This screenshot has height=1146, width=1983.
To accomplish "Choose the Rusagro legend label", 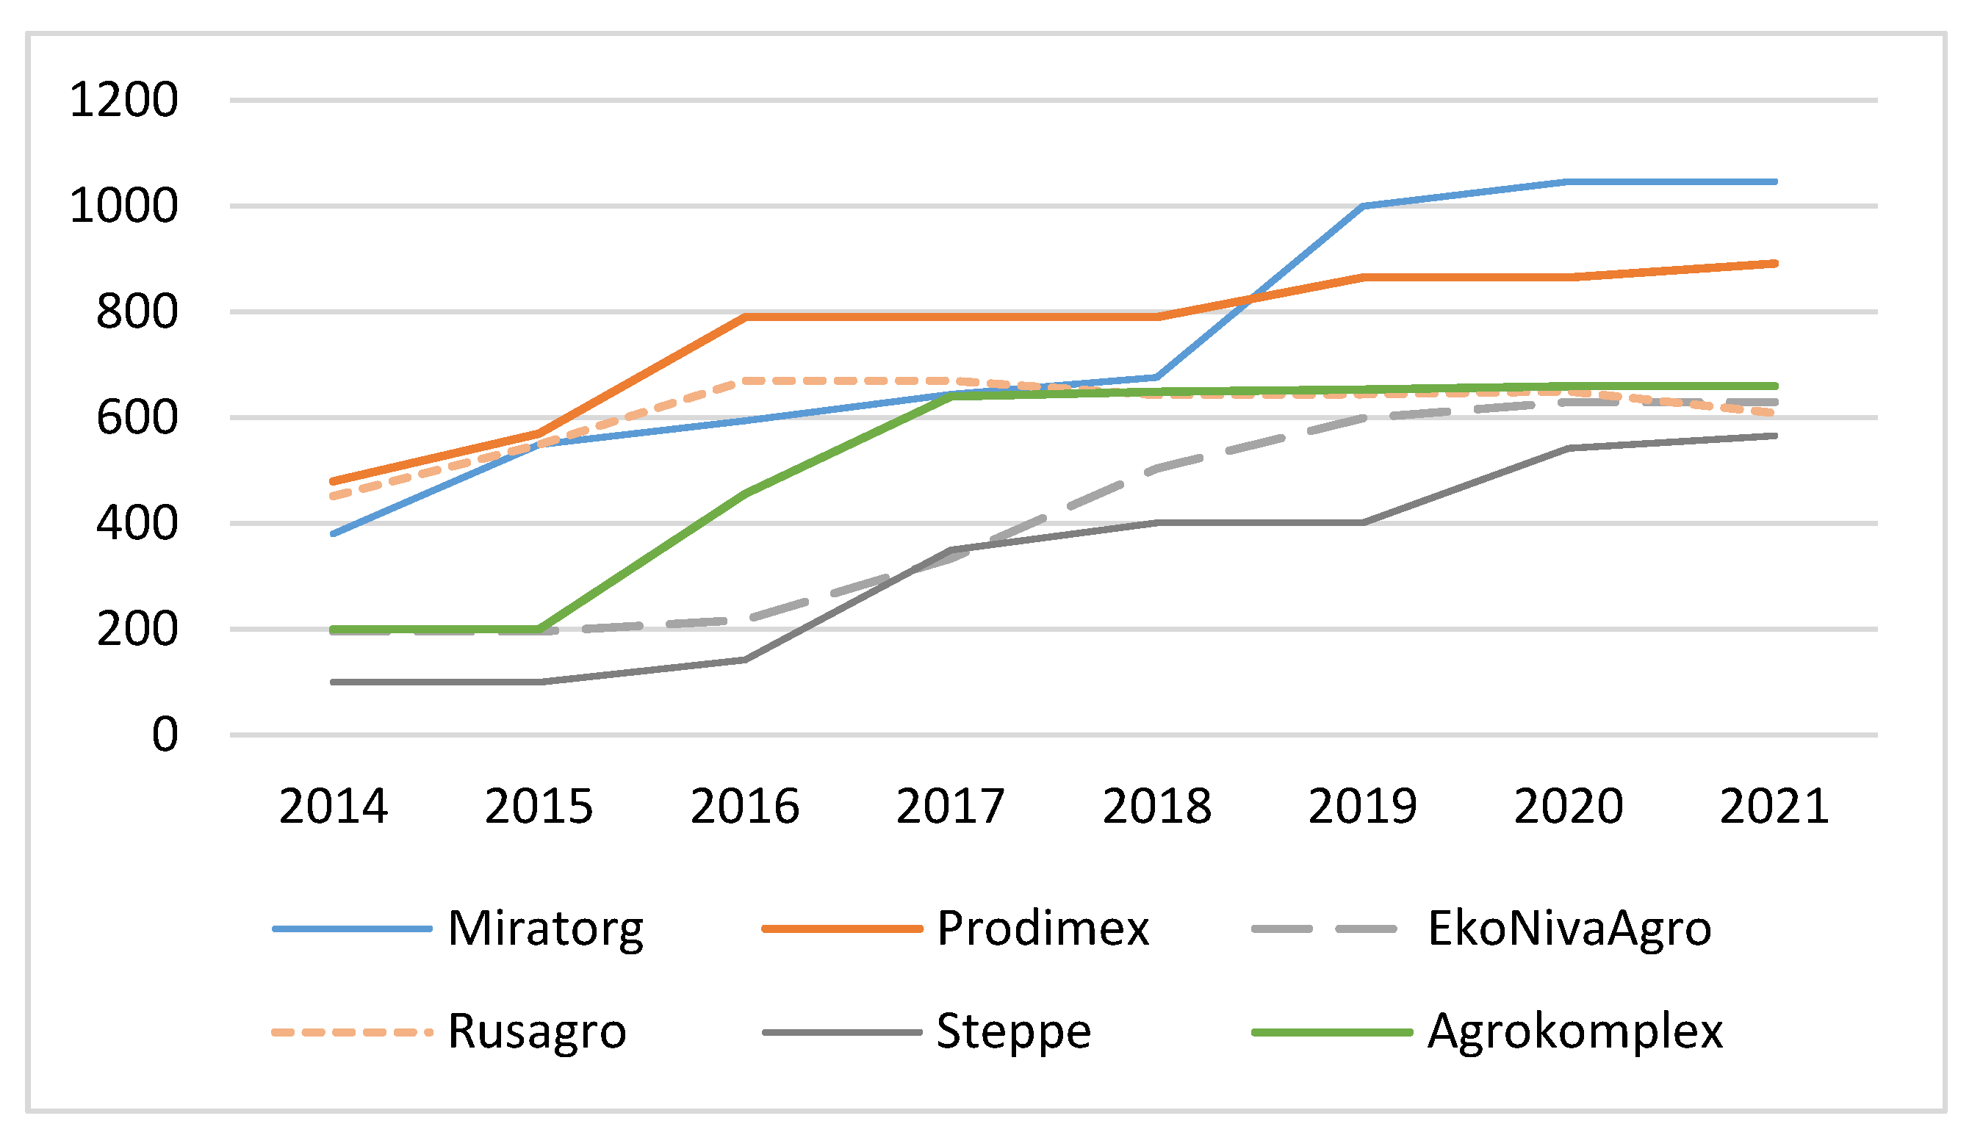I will pos(536,1033).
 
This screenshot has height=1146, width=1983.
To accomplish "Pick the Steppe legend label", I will pos(1013,1033).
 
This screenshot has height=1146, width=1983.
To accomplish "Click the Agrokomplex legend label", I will pos(1575,1033).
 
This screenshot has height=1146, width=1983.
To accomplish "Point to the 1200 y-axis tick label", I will pos(123,101).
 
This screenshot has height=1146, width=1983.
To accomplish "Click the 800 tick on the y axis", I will pos(137,312).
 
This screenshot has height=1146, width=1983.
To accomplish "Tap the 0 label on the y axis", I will pos(165,736).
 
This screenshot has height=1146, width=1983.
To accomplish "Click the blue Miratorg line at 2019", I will pos(1363,206).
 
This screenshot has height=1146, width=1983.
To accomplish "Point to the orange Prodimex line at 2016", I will pos(745,317).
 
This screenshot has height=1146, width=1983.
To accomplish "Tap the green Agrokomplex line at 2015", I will pos(539,630).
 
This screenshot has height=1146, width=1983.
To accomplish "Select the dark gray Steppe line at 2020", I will pos(1569,448).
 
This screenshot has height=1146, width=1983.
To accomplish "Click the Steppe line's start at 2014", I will pos(333,682).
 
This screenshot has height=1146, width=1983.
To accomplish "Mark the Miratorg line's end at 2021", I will pos(1775,181).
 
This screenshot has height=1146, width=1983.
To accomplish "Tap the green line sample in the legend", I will pos(1332,1033).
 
